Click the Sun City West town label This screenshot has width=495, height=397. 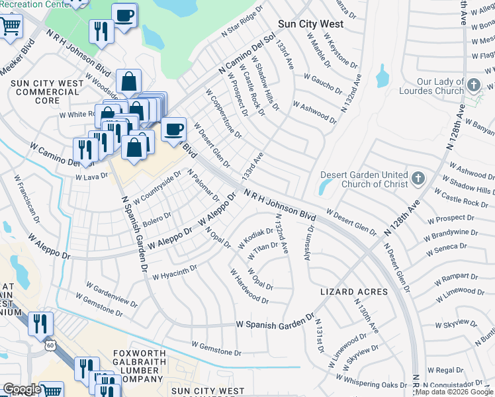[x=310, y=24]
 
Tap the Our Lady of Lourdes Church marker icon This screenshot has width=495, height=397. [x=474, y=85]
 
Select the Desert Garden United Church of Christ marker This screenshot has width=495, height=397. [x=418, y=178]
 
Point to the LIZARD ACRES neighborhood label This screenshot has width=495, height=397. [x=353, y=292]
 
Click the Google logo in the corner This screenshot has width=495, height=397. [x=22, y=389]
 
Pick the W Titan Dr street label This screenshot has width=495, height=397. [x=263, y=251]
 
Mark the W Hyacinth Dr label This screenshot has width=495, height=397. [x=175, y=272]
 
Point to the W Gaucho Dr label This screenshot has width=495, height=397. [x=322, y=84]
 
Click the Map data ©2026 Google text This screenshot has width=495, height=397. [x=454, y=392]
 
